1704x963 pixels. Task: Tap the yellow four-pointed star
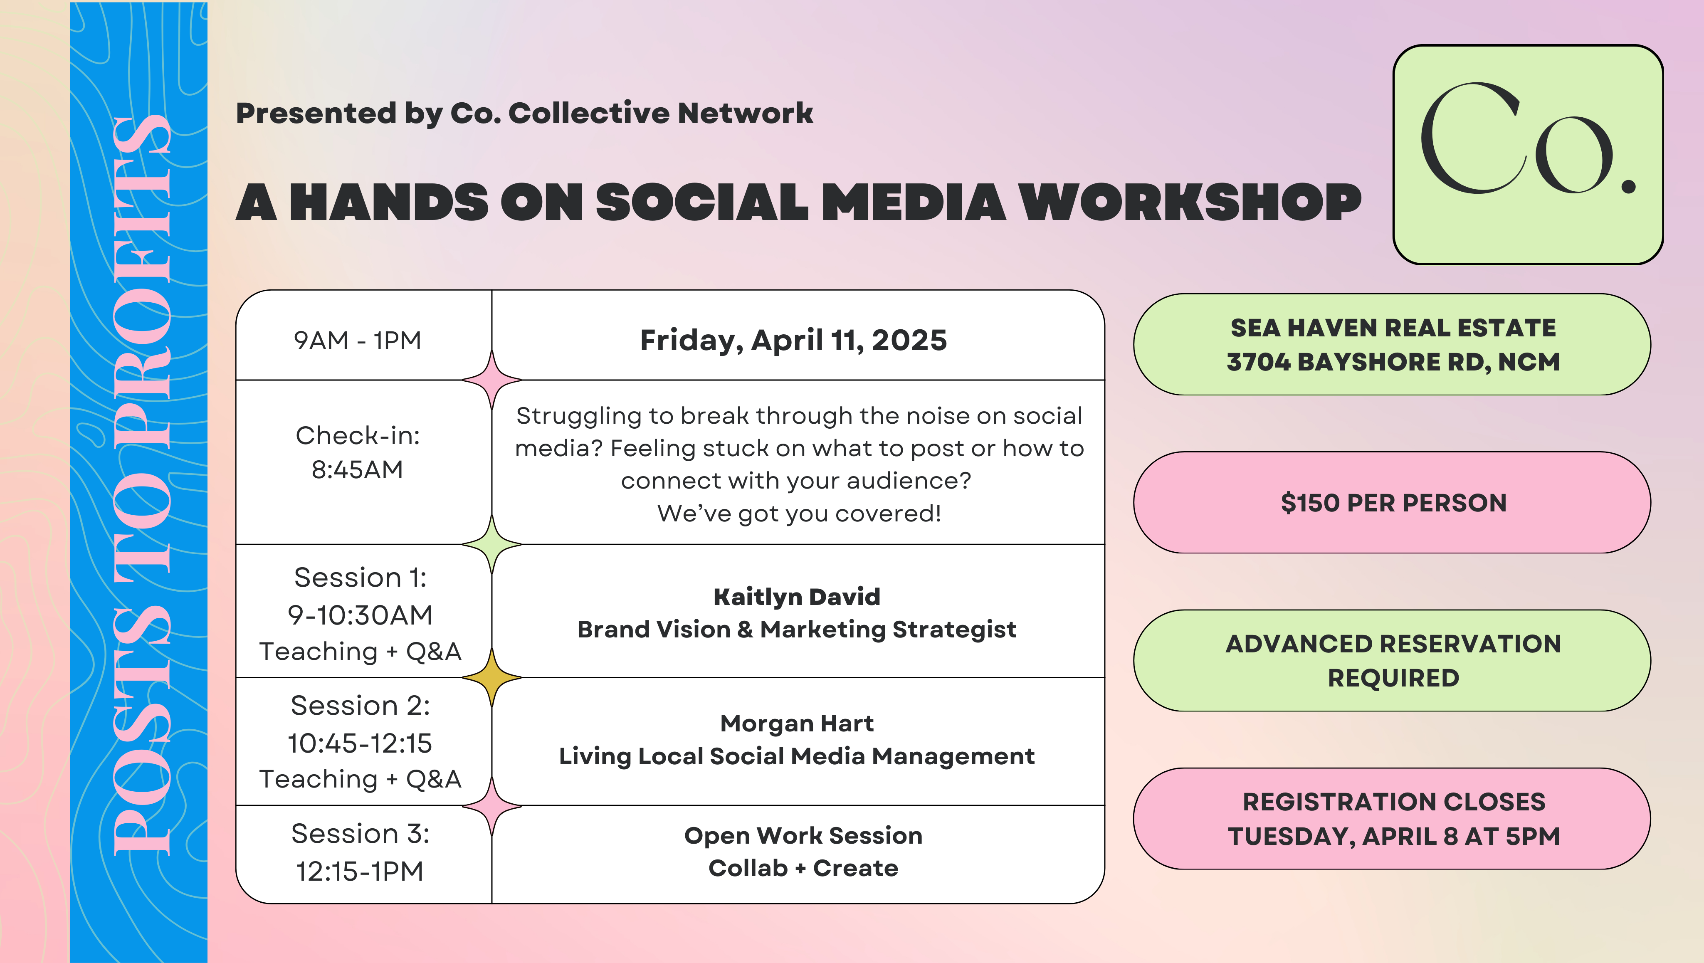tap(491, 677)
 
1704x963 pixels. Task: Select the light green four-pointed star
tap(491, 544)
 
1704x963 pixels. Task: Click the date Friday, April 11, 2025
tap(793, 341)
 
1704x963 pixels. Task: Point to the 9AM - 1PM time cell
tap(357, 340)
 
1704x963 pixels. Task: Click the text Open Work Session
tap(803, 835)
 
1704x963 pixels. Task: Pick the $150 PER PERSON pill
tap(1393, 503)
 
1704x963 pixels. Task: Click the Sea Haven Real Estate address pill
tap(1393, 345)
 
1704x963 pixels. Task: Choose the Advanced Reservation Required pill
tap(1393, 661)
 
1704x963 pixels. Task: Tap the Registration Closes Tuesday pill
tap(1393, 819)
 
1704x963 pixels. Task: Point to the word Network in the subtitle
tap(746, 113)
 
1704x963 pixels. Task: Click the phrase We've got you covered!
tap(799, 513)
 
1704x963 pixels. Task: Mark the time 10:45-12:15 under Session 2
tap(360, 743)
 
